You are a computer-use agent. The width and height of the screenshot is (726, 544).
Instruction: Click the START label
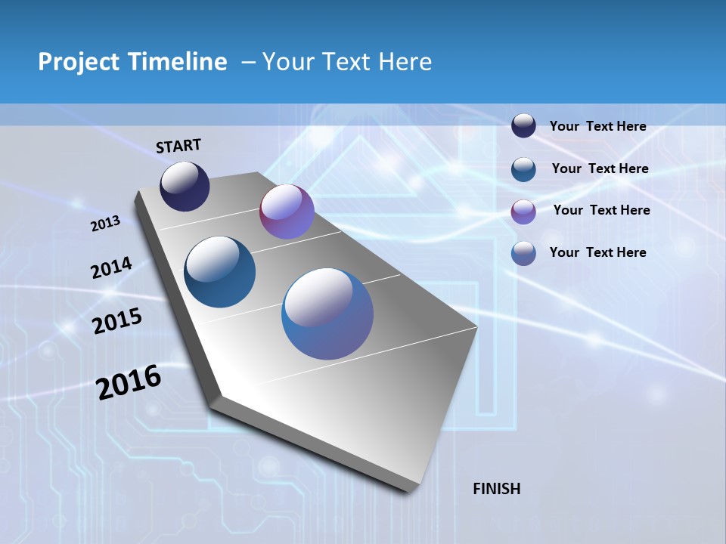[178, 146]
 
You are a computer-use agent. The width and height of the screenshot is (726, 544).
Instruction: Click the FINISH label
[496, 489]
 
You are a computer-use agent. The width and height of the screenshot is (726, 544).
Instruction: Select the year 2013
[105, 224]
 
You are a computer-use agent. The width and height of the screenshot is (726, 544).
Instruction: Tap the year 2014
[111, 267]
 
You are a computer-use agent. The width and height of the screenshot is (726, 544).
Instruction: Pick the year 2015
[116, 320]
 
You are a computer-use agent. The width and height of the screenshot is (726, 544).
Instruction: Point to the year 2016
[129, 382]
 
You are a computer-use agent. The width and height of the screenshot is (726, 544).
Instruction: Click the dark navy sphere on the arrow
[185, 187]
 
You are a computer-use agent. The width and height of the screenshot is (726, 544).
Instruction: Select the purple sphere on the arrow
[287, 212]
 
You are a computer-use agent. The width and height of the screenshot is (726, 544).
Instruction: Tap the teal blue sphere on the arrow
[219, 272]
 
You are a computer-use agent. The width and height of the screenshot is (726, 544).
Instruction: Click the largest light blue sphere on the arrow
[327, 314]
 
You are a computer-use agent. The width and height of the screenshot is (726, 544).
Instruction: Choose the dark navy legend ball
[523, 126]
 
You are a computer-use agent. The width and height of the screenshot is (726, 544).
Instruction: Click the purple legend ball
[523, 212]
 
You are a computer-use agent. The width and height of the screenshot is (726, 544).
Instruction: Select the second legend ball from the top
[523, 169]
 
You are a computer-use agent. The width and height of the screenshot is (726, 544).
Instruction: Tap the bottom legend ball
[523, 253]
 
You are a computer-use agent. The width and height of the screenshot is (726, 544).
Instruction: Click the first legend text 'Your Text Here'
[597, 127]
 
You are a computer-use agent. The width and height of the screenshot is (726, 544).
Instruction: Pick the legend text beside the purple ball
[601, 210]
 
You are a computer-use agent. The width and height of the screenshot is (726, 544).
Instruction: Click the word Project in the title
[79, 62]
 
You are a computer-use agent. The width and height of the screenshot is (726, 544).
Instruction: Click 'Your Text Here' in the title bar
[347, 62]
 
